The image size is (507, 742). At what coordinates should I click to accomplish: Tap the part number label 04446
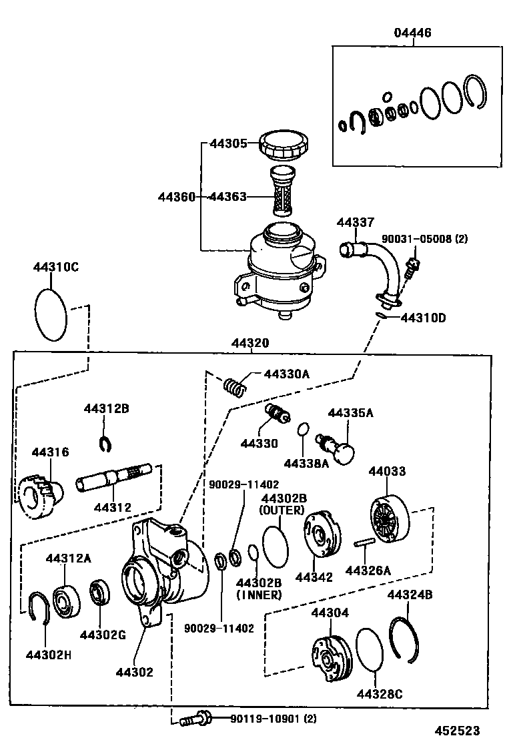point(412,33)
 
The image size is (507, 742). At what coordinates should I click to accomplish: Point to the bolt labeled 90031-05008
point(412,266)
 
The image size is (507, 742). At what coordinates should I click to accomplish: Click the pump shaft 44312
point(113,479)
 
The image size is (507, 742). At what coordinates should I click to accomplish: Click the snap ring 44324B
point(405,639)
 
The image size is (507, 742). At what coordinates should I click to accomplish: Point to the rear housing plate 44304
point(332,658)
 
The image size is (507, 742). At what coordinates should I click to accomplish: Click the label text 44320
point(250,343)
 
